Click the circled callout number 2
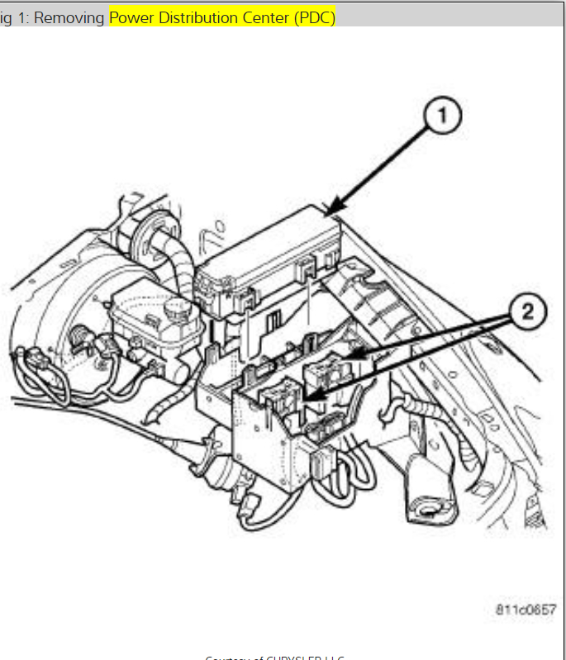point(526,313)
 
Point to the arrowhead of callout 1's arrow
point(332,215)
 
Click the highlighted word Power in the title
point(131,17)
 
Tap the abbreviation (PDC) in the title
point(314,17)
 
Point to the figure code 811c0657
point(526,609)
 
